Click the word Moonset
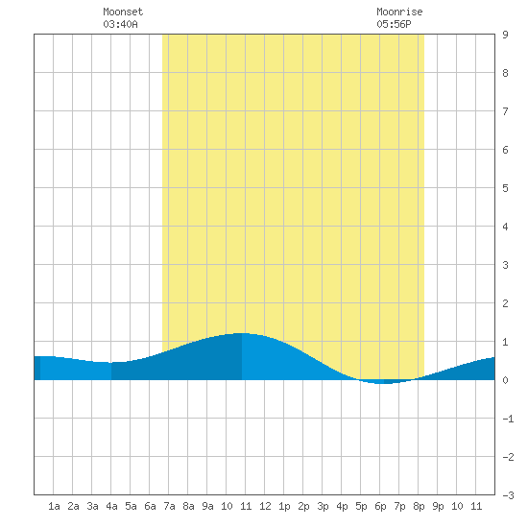coord(123,12)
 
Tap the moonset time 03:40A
coord(120,24)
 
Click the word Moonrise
coord(399,12)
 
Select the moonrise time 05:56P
coord(394,24)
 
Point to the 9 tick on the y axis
coord(505,35)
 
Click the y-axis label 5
coord(505,188)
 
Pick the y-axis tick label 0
coord(505,380)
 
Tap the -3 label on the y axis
coord(508,495)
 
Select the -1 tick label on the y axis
coord(508,419)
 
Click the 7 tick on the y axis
coord(505,111)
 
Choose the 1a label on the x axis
coord(54,506)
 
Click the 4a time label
coord(111,506)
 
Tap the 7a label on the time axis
coord(169,506)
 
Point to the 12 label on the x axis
coord(265,506)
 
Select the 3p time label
coord(323,506)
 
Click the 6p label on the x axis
coord(380,506)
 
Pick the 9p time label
coord(438,506)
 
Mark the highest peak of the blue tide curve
coord(242,333)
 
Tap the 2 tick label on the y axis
coord(505,303)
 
